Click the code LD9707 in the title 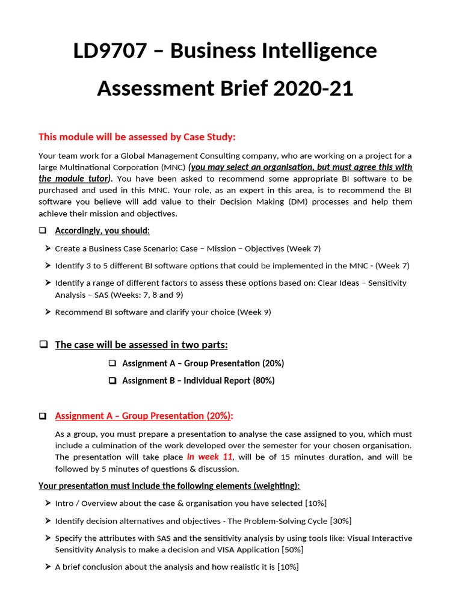click(109, 51)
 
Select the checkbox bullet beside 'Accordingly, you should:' click(43, 231)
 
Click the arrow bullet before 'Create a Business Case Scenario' click(47, 248)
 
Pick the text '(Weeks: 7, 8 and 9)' click(146, 295)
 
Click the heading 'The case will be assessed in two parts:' click(141, 345)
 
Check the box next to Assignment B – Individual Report click(112, 381)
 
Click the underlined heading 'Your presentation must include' click(169, 485)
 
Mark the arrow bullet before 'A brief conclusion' click(47, 567)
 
